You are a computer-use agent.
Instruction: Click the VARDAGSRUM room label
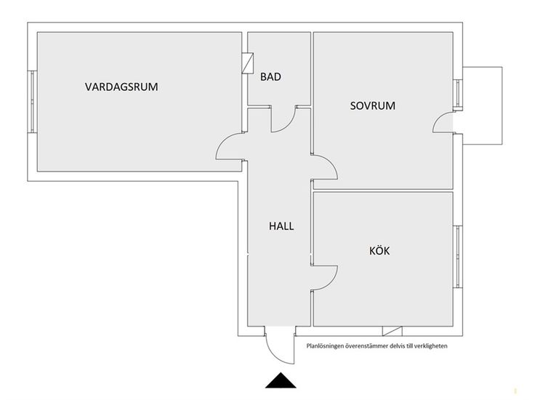121,87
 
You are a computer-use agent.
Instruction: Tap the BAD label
270,76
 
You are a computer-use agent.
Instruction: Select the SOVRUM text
372,105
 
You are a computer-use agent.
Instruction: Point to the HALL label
281,226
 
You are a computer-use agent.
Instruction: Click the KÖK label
379,251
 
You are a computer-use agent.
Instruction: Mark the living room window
32,101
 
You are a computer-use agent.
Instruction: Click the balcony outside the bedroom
481,105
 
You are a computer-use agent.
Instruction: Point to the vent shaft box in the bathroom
249,63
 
